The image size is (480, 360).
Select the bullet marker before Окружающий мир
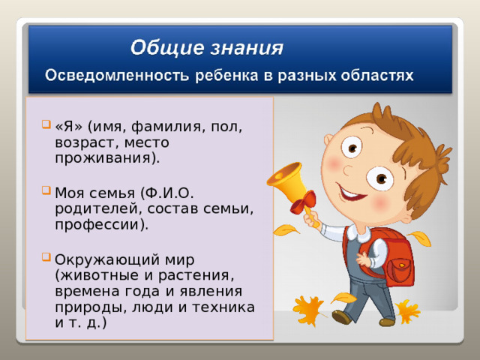pos(46,258)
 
